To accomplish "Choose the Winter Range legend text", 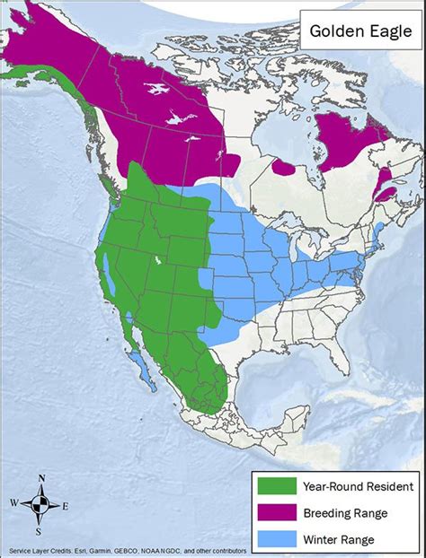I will point(329,539).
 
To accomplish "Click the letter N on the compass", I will point(40,476).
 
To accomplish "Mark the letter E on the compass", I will point(67,504).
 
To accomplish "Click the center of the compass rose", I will point(40,504).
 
